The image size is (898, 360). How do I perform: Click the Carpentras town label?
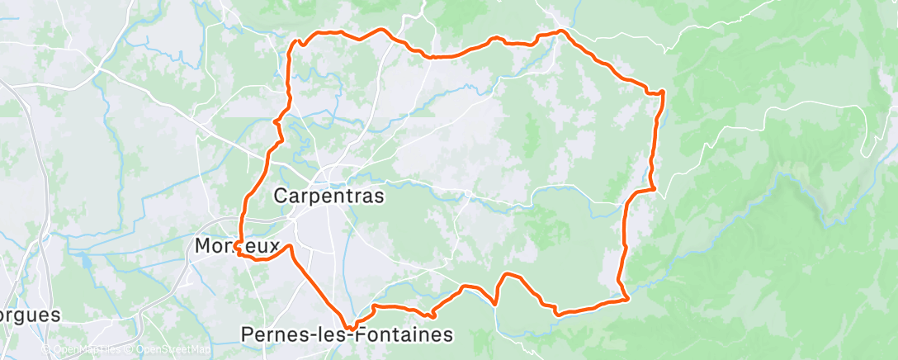pos(328,197)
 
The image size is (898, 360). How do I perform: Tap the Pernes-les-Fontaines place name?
pos(347,334)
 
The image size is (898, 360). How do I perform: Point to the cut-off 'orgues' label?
pos(31,315)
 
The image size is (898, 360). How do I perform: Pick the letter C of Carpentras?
pos(279,197)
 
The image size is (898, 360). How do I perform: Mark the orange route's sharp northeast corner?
pos(662,93)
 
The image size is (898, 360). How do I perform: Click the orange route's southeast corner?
pos(626,298)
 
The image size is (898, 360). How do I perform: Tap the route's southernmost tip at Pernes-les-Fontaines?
pos(350,329)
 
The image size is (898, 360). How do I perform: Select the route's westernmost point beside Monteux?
pos(238,244)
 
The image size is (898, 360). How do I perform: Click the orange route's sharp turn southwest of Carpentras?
pos(290,246)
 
